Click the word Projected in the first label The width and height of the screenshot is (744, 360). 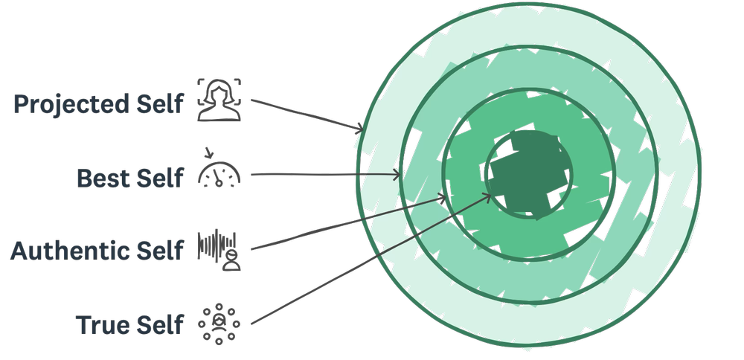[71, 104]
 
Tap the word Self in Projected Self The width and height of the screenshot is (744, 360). [158, 104]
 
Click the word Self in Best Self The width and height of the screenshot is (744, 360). [158, 178]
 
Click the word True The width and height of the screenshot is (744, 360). [104, 324]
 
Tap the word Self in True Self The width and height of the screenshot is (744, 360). [158, 324]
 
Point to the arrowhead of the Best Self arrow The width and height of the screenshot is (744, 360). [399, 176]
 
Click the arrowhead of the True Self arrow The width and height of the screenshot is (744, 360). [489, 195]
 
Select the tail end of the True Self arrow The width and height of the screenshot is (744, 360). [252, 324]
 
